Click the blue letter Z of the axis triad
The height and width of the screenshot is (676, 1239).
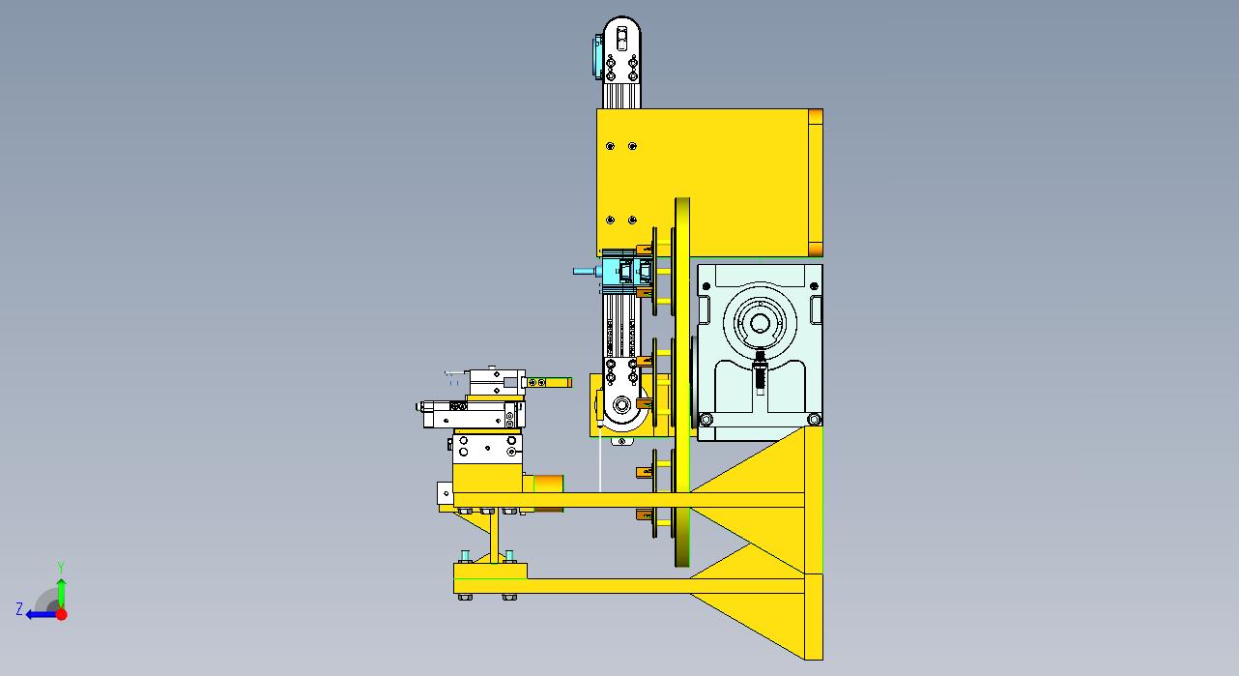tap(19, 609)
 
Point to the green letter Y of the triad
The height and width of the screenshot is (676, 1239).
tap(61, 568)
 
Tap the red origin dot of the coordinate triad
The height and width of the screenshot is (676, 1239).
tap(62, 614)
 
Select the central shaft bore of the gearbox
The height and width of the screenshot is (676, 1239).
tap(760, 322)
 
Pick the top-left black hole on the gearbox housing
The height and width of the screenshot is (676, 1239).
tap(706, 286)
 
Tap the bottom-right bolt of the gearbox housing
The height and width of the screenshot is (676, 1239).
tap(814, 419)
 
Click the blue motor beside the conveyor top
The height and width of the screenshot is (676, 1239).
tap(598, 56)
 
